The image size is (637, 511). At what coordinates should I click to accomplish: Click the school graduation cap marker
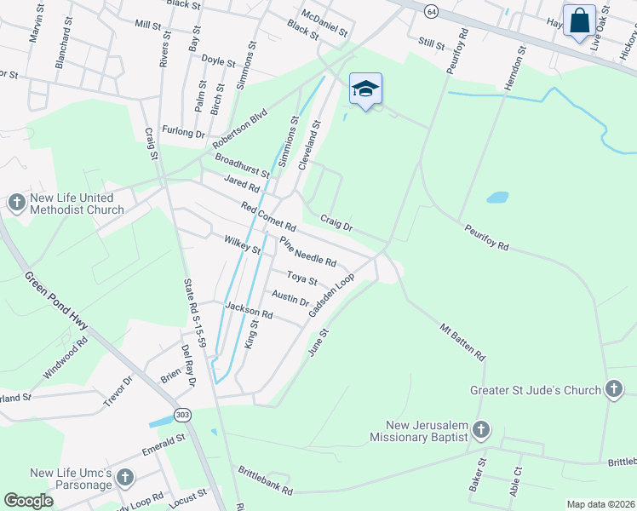[365, 89]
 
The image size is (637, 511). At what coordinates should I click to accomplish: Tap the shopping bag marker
[579, 21]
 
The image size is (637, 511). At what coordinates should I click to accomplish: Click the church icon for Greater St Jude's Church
[613, 390]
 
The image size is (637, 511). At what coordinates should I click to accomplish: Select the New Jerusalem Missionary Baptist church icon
[481, 431]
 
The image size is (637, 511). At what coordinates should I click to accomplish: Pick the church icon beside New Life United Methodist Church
[16, 203]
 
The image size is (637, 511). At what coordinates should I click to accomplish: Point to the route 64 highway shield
[433, 11]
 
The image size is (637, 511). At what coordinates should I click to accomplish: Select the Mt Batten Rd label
[462, 342]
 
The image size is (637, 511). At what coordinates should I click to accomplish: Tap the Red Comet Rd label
[267, 217]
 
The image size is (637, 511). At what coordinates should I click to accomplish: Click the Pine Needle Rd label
[308, 251]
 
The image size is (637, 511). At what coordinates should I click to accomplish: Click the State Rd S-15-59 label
[194, 313]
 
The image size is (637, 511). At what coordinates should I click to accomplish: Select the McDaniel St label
[324, 23]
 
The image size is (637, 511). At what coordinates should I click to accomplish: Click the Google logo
[28, 501]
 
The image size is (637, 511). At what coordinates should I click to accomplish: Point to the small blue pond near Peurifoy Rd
[497, 198]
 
